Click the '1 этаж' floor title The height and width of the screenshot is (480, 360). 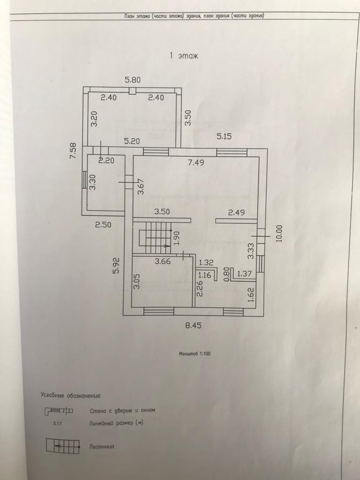click(x=184, y=56)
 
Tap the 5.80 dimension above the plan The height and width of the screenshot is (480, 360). click(x=133, y=80)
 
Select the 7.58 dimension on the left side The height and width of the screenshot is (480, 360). click(x=73, y=151)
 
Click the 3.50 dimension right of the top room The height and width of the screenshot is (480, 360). click(x=187, y=117)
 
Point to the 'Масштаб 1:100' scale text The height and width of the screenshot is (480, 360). click(x=195, y=354)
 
